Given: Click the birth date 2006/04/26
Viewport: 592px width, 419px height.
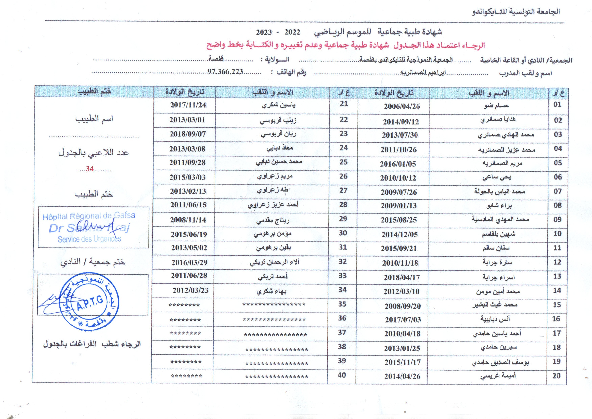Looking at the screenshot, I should [x=402, y=106].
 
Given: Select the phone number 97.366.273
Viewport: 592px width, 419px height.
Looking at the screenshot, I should [x=225, y=72].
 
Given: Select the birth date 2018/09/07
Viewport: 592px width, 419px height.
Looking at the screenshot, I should [x=188, y=134].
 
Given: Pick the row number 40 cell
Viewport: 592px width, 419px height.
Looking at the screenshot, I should [x=342, y=375].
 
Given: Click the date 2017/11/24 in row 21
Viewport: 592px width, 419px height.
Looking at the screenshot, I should [x=188, y=105].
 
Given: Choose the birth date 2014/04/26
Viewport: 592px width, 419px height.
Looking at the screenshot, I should [x=402, y=376].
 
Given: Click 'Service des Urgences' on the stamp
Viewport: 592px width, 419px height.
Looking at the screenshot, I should [x=89, y=239].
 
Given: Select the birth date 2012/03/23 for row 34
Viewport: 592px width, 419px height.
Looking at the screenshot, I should [x=190, y=290].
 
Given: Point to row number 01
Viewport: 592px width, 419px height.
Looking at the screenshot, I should [x=557, y=105].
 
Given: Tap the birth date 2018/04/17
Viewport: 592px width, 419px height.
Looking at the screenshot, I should [x=402, y=278].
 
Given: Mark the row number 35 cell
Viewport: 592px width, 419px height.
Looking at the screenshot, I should [x=342, y=304].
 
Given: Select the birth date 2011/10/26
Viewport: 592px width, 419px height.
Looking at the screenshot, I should [x=398, y=150].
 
